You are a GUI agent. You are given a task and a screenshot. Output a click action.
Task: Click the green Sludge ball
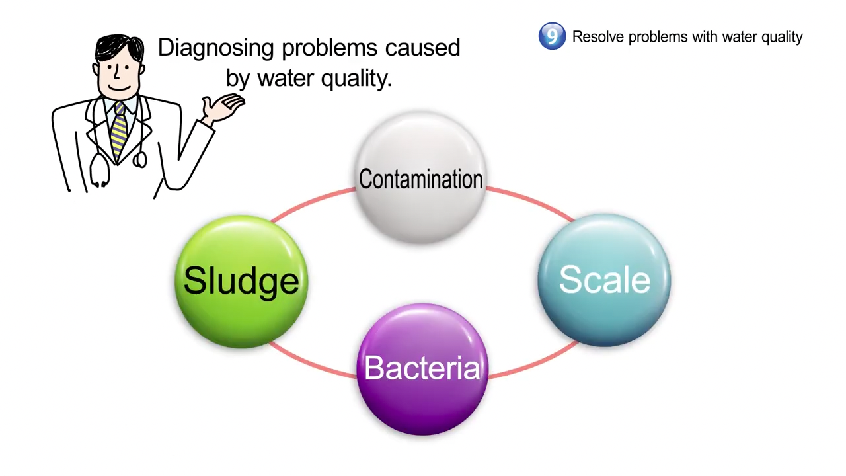tap(241, 282)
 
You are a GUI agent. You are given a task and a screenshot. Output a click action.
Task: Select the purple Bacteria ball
tap(422, 370)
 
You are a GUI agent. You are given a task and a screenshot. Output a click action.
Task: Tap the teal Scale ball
tap(604, 280)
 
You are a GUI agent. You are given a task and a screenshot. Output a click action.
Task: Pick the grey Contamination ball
tap(421, 178)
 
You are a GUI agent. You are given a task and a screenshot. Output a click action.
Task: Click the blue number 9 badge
tap(552, 36)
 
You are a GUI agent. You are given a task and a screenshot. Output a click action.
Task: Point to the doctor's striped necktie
tap(120, 131)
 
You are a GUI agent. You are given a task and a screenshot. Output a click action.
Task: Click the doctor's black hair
tap(118, 47)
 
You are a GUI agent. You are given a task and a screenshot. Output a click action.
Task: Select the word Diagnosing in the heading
tap(215, 49)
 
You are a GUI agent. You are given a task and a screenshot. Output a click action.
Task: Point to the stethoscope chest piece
tap(139, 160)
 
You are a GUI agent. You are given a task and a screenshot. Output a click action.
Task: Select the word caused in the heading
tap(422, 48)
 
